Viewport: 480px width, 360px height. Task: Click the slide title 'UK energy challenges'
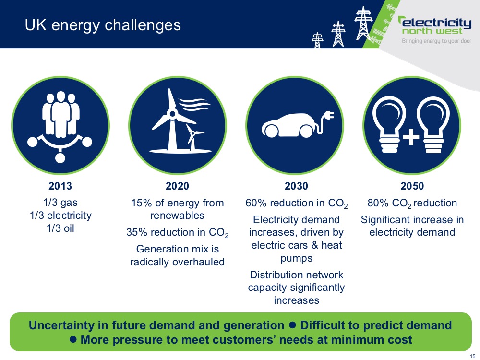click(103, 25)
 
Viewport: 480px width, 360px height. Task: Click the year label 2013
click(60, 186)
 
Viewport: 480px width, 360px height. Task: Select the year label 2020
click(177, 186)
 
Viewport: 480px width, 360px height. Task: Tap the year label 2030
click(296, 186)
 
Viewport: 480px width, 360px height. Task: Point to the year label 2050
click(412, 186)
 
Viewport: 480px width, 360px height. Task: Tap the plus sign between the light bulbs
click(411, 136)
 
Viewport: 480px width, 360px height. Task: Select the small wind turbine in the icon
click(193, 137)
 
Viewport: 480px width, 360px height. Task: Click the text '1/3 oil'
click(60, 228)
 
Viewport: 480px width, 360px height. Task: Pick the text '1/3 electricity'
click(60, 216)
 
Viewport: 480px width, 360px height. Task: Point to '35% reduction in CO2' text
click(178, 233)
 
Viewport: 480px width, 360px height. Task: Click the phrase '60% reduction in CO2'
click(296, 203)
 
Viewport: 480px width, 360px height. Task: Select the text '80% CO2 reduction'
click(412, 203)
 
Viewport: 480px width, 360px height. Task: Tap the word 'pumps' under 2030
click(296, 259)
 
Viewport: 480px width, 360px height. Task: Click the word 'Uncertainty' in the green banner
click(61, 325)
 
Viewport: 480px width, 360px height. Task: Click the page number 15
click(472, 356)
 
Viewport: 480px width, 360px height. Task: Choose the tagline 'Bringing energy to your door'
click(436, 41)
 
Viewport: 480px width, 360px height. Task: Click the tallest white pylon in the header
click(363, 24)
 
